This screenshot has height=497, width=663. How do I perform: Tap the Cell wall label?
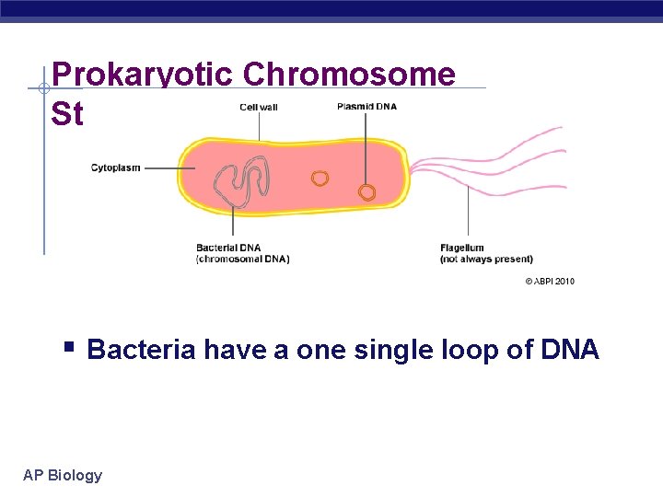click(x=259, y=107)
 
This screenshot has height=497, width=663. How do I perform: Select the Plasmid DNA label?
click(x=366, y=106)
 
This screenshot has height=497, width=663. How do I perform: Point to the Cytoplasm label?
click(x=116, y=168)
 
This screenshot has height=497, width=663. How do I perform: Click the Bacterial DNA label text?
click(x=228, y=248)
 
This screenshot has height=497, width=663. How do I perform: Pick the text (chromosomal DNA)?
click(x=242, y=259)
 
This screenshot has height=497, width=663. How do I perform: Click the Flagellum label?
click(x=462, y=248)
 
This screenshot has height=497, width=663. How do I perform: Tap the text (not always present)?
click(x=486, y=259)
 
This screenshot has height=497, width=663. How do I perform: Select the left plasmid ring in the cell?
click(x=320, y=179)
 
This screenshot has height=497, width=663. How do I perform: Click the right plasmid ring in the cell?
click(x=366, y=192)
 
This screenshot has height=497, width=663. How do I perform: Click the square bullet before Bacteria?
click(x=69, y=348)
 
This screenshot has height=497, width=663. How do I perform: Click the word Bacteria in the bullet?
click(x=142, y=350)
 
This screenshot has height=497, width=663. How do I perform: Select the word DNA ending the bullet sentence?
click(x=569, y=350)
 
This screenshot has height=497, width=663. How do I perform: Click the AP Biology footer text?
click(x=63, y=475)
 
